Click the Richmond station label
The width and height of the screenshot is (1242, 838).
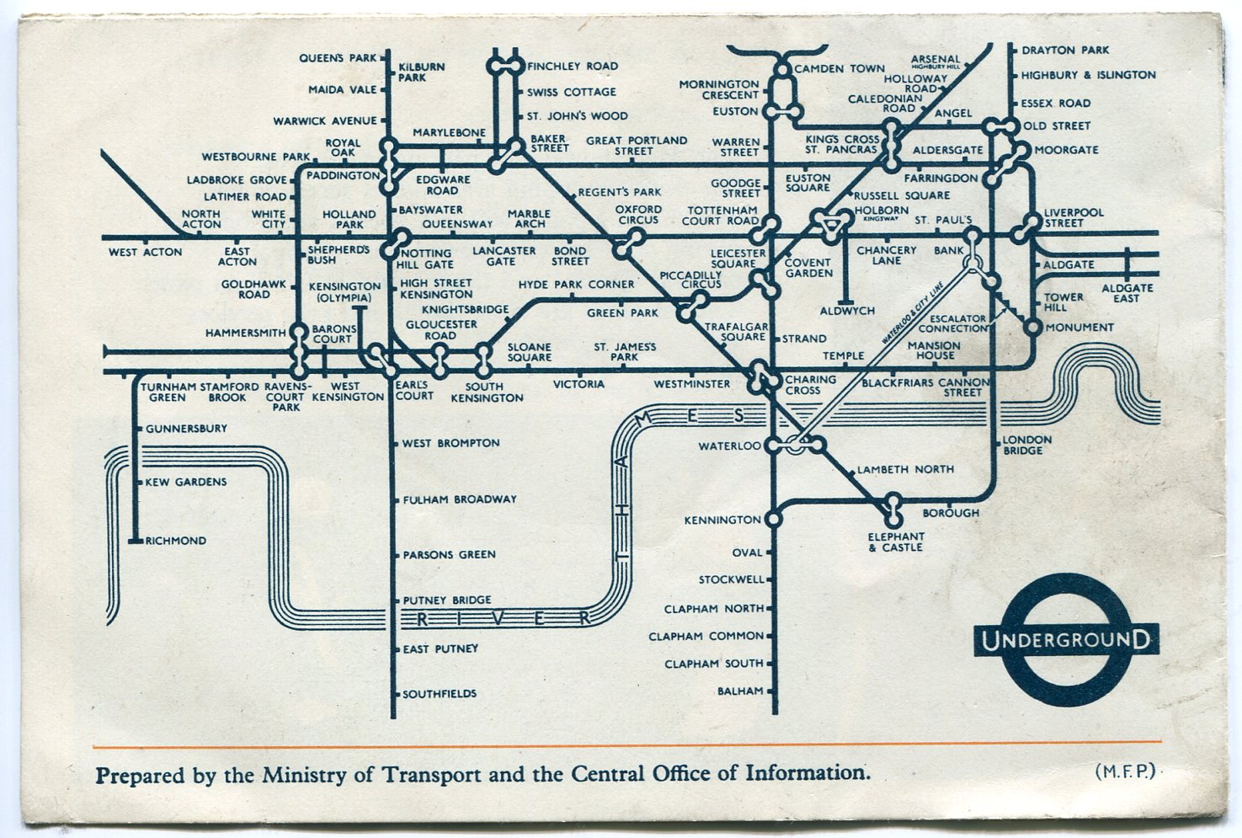point(176,541)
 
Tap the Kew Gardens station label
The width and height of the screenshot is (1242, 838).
point(186,482)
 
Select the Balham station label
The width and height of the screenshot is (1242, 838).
point(740,691)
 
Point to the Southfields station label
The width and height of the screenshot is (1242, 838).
point(440,694)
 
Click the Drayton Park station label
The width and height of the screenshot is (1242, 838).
point(1065,51)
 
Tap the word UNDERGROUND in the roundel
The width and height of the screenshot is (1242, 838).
point(1066,640)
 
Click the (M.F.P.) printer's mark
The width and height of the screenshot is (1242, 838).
point(1125,771)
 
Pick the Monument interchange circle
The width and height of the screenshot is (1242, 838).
point(1033,328)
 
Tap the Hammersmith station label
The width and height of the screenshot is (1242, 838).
point(246,334)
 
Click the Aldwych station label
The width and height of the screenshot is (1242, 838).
point(847,311)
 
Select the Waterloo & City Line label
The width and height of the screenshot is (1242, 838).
point(914,312)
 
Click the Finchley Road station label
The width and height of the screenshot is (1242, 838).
point(573,66)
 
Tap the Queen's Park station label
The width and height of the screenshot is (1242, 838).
point(338,58)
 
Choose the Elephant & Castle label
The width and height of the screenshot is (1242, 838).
point(896,542)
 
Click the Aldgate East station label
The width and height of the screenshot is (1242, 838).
point(1127,293)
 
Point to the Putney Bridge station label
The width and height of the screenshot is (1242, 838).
point(447,600)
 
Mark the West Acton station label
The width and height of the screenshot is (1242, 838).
point(145,252)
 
